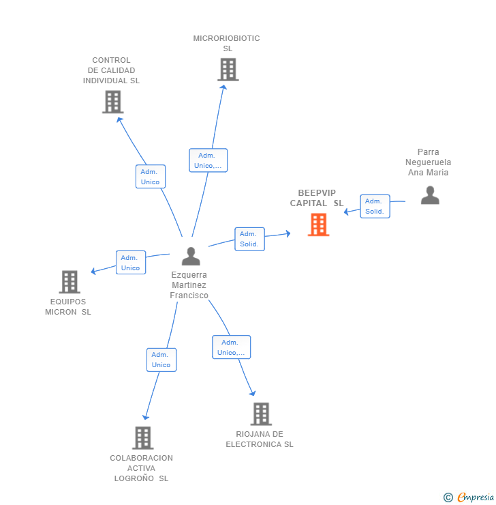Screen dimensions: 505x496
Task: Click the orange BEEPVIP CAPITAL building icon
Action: [318, 225]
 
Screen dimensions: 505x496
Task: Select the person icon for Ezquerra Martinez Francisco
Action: [191, 257]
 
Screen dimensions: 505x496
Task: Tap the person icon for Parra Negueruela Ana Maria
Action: [430, 195]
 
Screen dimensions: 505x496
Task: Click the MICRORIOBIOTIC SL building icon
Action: [228, 70]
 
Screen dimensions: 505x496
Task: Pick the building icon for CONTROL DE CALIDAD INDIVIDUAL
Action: [112, 102]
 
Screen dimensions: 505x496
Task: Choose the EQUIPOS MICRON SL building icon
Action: [69, 281]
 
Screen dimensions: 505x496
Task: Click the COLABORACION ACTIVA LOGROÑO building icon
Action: [142, 437]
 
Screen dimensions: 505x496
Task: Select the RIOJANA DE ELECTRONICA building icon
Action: [260, 414]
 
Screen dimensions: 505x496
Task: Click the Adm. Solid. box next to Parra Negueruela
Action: [375, 206]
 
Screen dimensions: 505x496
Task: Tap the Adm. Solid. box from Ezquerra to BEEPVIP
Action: [250, 239]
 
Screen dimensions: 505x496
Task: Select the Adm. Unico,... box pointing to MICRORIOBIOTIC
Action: [208, 160]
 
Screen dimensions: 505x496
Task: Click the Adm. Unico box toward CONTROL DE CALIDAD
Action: [150, 177]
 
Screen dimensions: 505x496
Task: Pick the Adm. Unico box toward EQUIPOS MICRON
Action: [130, 263]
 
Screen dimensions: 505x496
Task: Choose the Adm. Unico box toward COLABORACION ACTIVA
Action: [161, 360]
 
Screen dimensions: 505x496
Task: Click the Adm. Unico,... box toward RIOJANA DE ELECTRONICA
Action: [231, 347]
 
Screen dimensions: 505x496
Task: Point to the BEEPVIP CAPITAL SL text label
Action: [317, 198]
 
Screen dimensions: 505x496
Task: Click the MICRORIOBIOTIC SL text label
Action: [226, 43]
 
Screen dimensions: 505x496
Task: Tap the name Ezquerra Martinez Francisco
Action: [189, 285]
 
